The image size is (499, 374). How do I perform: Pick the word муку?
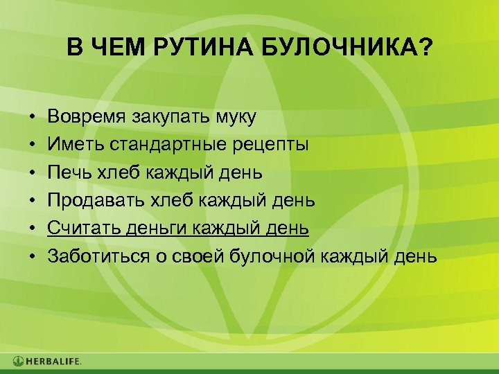tap(236, 116)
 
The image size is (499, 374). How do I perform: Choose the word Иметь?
tap(71, 144)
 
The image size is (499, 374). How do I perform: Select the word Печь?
tap(67, 172)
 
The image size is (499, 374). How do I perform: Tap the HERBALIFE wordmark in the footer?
tap(53, 362)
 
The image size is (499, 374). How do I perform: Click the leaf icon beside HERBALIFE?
tap(18, 362)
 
